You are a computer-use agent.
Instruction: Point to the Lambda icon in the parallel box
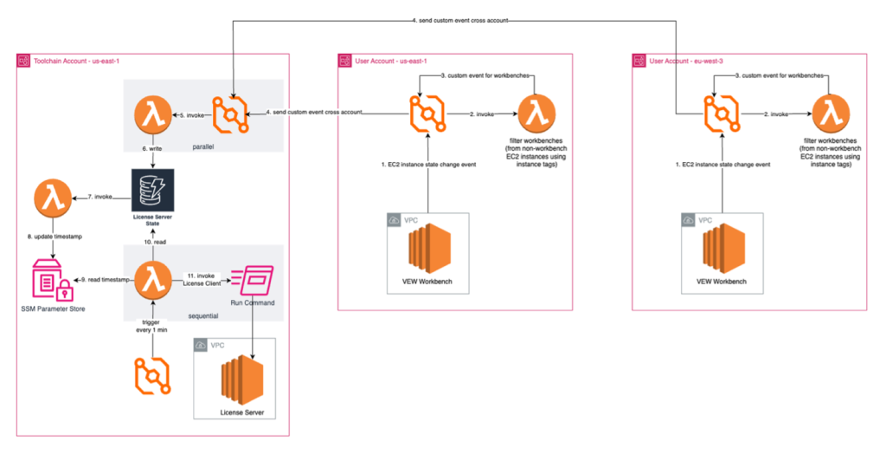coord(153,115)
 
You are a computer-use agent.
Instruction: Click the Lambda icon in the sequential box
coord(153,280)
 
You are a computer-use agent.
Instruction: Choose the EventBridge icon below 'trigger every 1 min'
coord(153,377)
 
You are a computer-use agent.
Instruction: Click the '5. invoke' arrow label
coord(188,115)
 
